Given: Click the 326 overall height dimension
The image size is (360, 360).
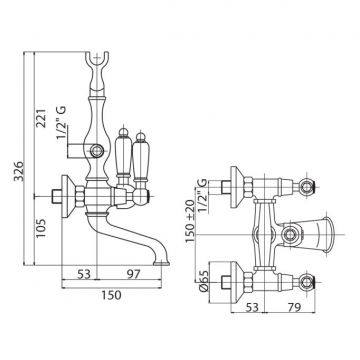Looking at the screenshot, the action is tap(20, 171).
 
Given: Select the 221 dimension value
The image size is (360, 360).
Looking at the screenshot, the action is tap(42, 118).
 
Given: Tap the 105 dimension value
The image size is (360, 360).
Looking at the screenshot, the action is tap(41, 228).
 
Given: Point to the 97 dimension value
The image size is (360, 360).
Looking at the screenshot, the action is tap(132, 274).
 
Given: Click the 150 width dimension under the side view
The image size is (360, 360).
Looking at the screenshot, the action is tap(112, 295).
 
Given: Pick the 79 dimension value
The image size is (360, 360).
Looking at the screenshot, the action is tap(294, 307).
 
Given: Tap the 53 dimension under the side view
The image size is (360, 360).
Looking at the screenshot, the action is tap(84, 274).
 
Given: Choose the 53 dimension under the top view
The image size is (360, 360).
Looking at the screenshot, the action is tap(251, 307).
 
